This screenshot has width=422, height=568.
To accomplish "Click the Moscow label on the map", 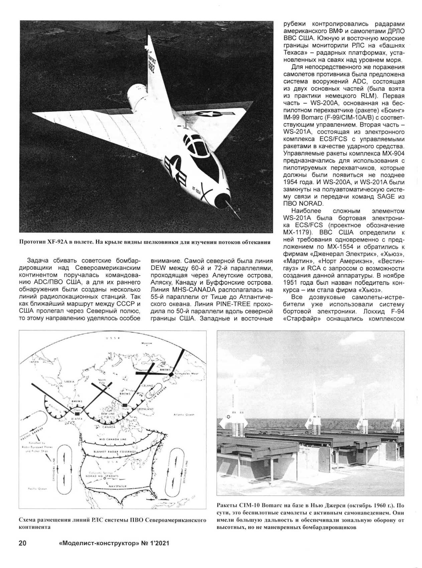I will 147,343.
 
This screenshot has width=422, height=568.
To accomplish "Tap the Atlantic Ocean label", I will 184,415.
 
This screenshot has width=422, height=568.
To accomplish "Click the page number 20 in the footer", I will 22,543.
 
